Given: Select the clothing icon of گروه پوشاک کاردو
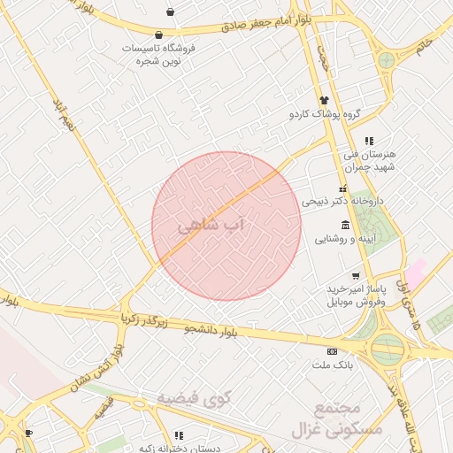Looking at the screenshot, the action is [324, 101].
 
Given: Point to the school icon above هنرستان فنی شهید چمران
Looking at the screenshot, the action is [369, 141].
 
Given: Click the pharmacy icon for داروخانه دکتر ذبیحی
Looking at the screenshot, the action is [342, 188].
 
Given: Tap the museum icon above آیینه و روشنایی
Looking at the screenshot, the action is [344, 226].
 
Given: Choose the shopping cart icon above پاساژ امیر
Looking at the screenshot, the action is [356, 276].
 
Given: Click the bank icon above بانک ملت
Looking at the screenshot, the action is [332, 350].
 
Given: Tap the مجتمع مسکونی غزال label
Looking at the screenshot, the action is [337, 419].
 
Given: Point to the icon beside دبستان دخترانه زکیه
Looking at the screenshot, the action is [180, 435].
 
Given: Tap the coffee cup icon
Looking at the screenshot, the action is [28, 433].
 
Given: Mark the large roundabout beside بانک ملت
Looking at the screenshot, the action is [388, 349].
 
